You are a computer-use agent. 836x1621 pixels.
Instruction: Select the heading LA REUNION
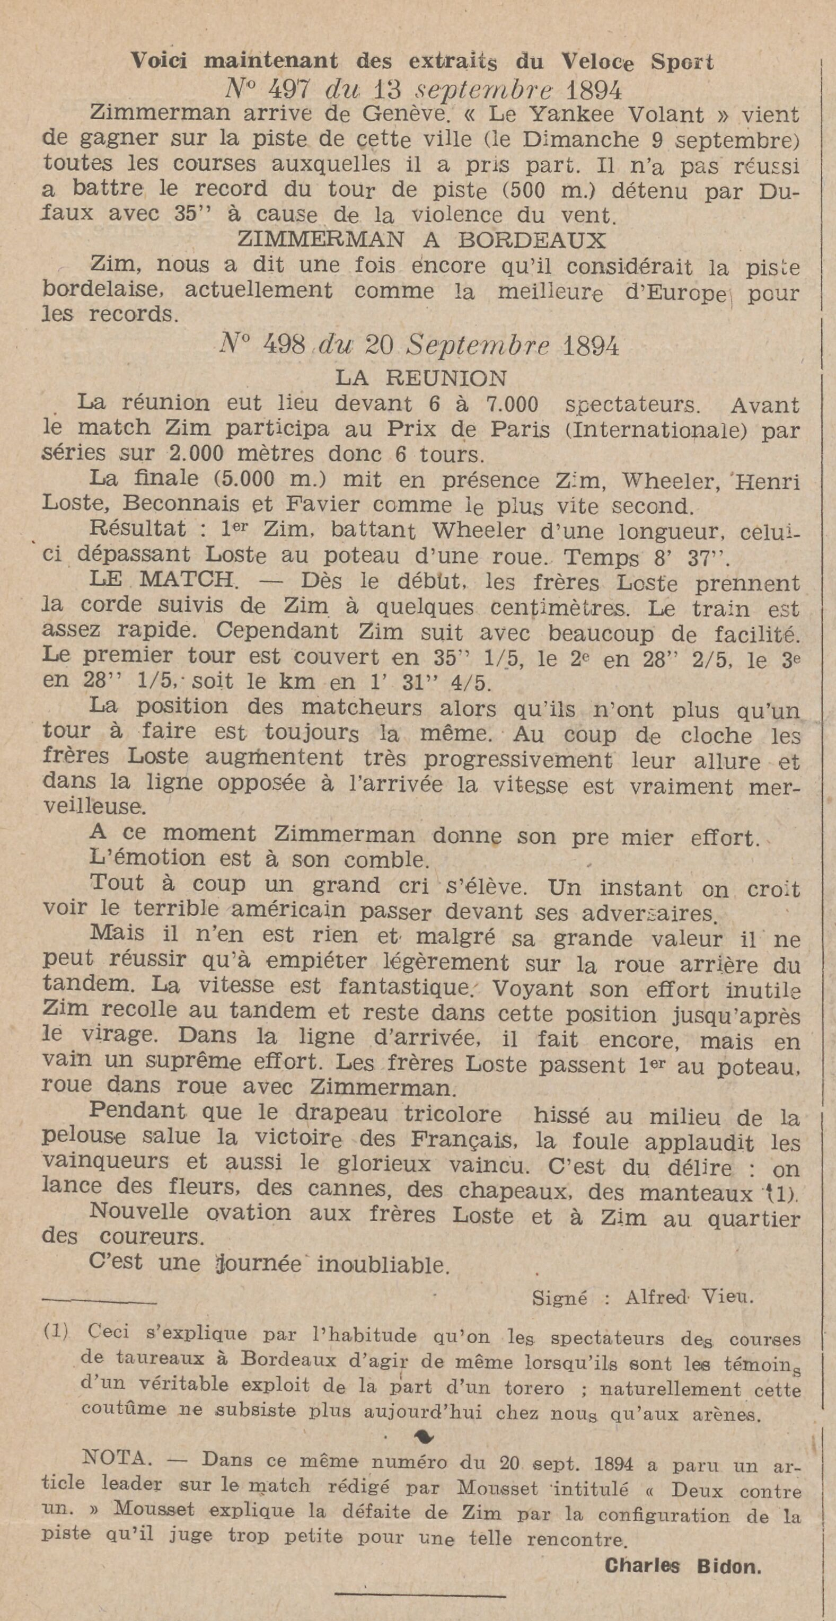coord(421,377)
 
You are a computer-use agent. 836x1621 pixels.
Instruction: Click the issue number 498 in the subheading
coord(285,346)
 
